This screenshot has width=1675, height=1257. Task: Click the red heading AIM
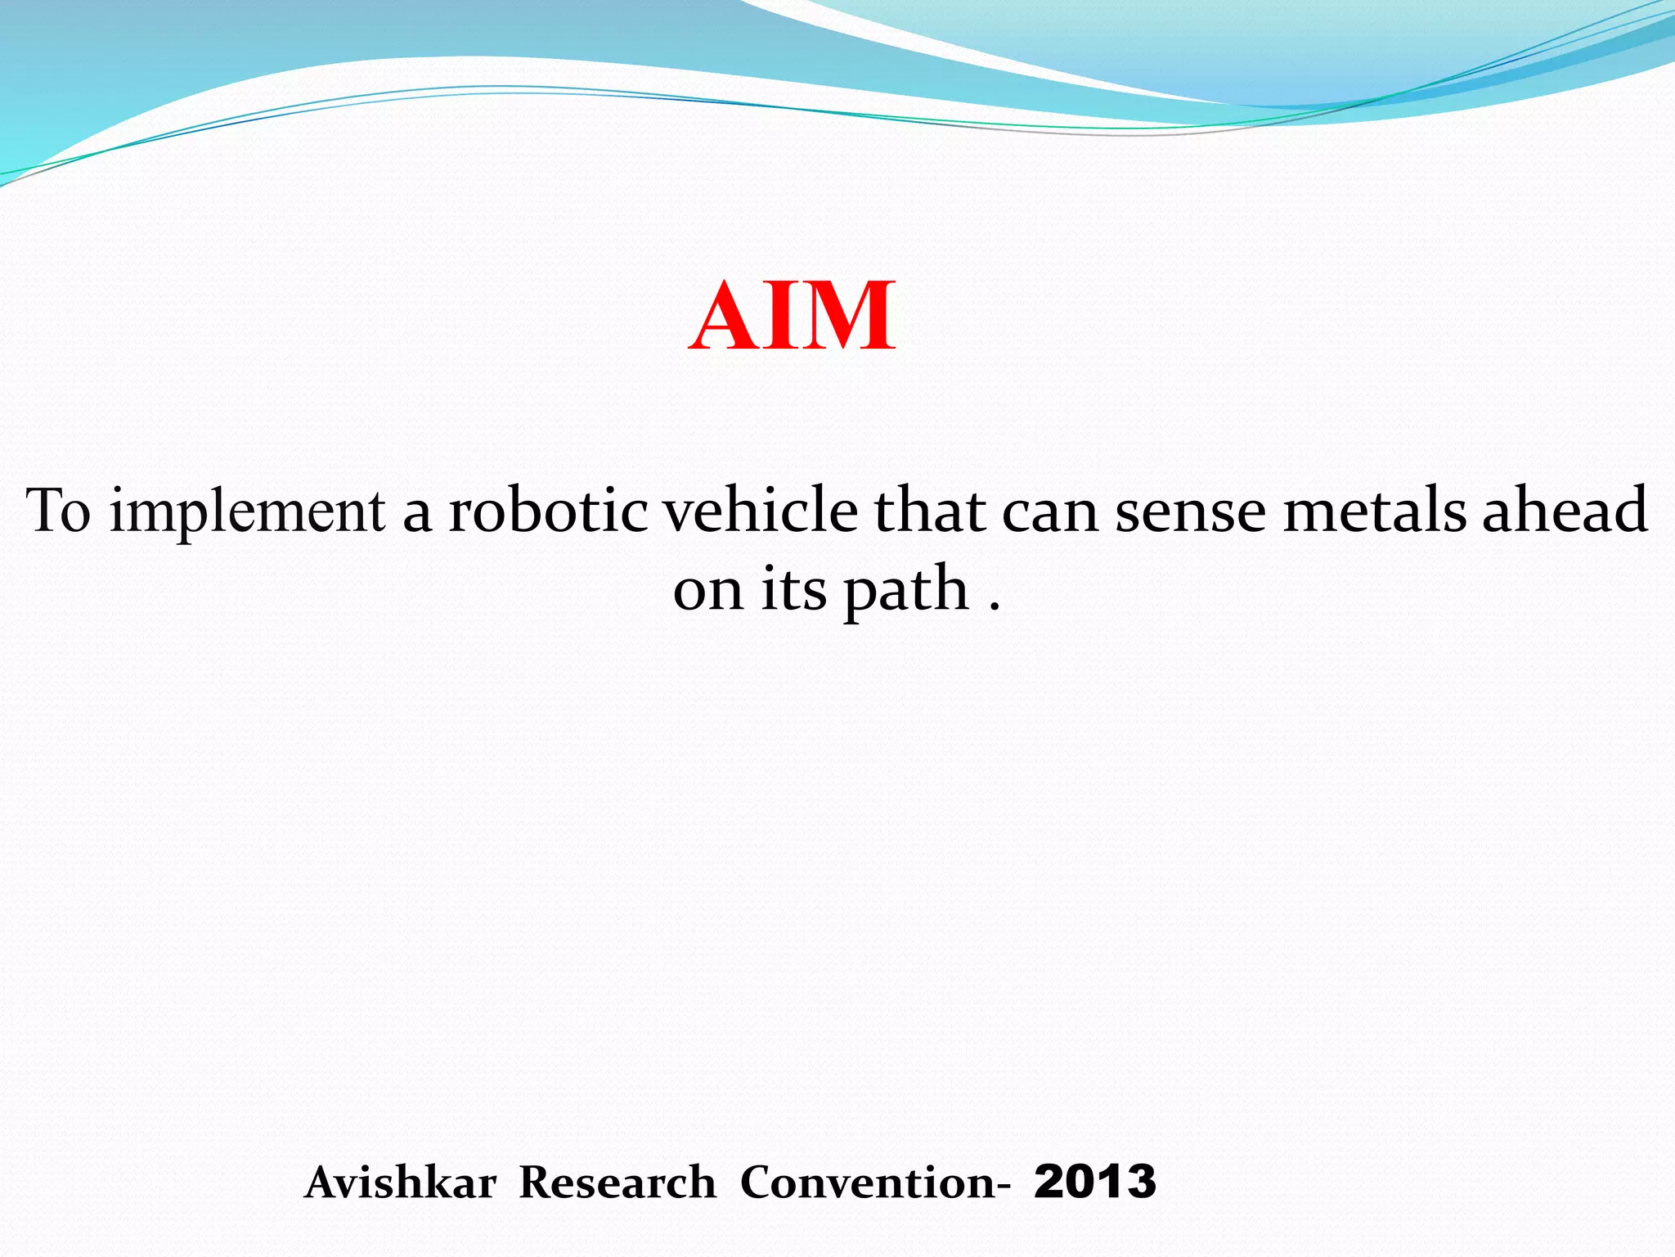(x=792, y=317)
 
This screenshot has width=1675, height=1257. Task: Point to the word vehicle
(x=760, y=511)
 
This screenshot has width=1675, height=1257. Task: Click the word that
(x=929, y=511)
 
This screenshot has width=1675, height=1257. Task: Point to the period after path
(x=995, y=606)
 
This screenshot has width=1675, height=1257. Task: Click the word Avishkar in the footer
(x=400, y=1183)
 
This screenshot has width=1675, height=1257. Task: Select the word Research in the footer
(x=617, y=1183)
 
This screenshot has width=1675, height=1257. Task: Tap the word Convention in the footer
(x=869, y=1183)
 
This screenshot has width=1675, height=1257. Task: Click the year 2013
(x=1095, y=1183)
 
